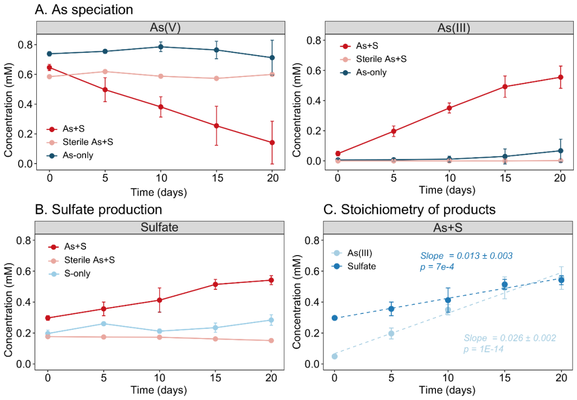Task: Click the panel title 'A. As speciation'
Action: click(84, 9)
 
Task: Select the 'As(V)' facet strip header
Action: click(160, 28)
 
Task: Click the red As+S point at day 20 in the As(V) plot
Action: click(272, 142)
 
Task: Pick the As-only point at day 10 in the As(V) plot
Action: click(161, 47)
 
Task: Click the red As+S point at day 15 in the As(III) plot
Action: click(504, 87)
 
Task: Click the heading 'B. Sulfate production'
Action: click(98, 210)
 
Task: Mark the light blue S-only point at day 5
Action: click(104, 324)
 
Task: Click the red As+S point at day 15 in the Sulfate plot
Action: click(215, 284)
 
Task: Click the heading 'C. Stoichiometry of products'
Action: click(410, 210)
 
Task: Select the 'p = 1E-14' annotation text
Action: click(484, 349)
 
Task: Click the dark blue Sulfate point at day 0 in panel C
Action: click(334, 318)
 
